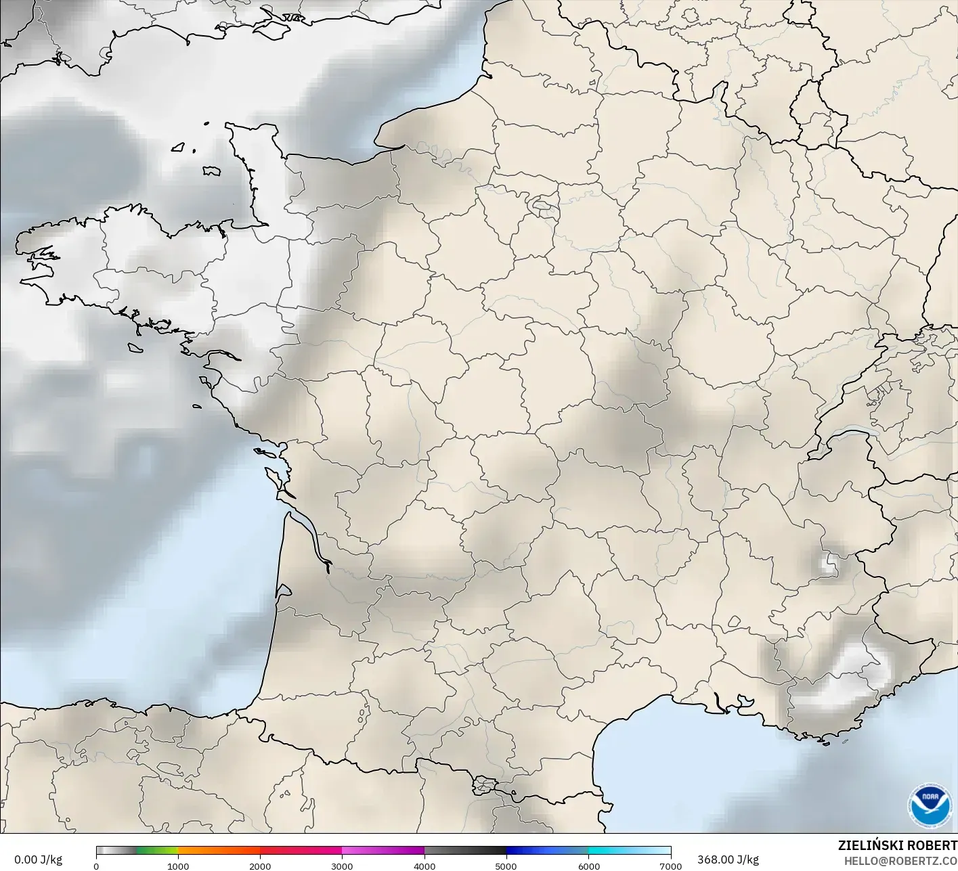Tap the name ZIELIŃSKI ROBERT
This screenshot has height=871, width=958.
click(x=897, y=845)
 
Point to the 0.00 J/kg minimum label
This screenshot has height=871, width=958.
click(x=38, y=859)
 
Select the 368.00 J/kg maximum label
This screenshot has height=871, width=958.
click(x=728, y=859)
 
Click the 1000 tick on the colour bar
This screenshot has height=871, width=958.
click(x=178, y=866)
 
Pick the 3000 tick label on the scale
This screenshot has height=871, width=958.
click(x=342, y=866)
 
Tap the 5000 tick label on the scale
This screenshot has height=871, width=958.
click(x=506, y=866)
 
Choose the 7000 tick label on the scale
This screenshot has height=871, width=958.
click(x=670, y=866)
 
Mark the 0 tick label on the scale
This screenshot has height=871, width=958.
click(x=96, y=866)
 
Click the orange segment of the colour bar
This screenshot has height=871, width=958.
click(x=219, y=851)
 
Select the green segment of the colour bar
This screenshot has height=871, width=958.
click(x=157, y=851)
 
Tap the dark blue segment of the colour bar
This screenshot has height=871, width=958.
click(x=547, y=851)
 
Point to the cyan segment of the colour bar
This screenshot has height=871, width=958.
click(x=609, y=851)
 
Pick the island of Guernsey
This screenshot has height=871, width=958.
click(x=179, y=146)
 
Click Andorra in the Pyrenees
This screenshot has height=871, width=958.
click(x=485, y=785)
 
